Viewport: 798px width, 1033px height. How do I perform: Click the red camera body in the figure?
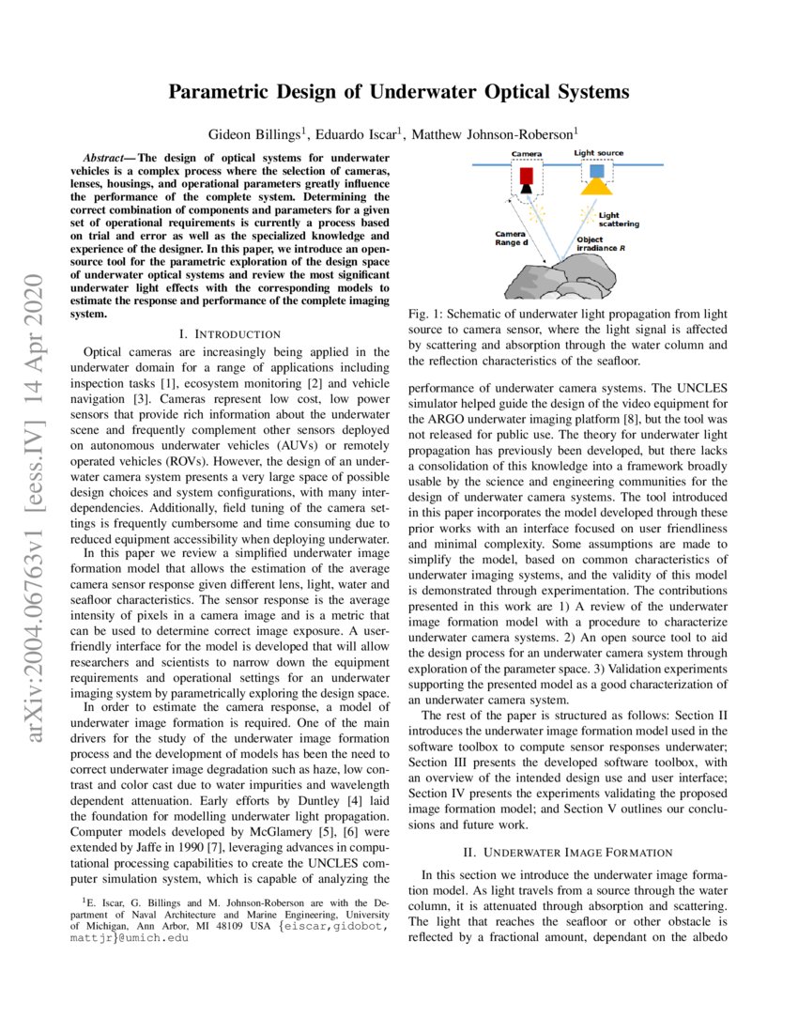[527, 175]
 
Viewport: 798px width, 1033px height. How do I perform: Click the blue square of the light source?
[597, 171]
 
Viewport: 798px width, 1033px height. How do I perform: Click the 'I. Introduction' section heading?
[230, 333]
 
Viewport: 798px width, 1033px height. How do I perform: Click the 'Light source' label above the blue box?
[598, 153]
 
